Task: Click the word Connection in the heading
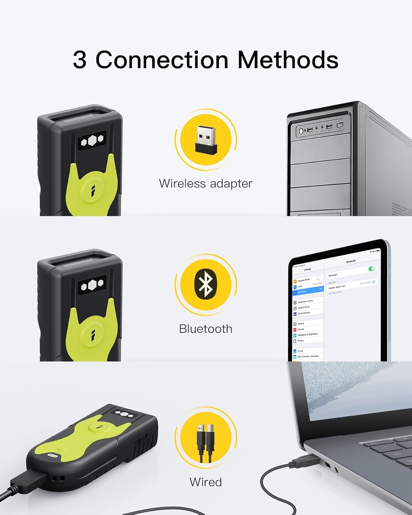point(162,60)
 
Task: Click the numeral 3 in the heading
point(79,60)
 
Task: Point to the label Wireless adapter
point(205,183)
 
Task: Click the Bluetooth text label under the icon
point(205,329)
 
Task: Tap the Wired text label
point(205,482)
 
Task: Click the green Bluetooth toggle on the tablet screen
point(371,268)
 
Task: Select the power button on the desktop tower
point(301,131)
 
